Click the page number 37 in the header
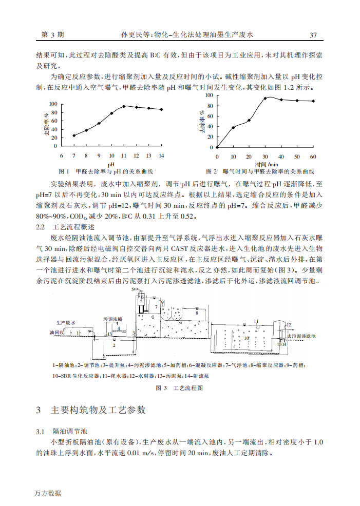point(313,35)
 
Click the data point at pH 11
point(124,106)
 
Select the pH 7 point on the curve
point(74,135)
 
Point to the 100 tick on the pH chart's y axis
point(53,104)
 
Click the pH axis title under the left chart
point(110,163)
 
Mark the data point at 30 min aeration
point(265,98)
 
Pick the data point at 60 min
point(313,101)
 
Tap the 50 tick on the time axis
point(297,156)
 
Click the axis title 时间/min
point(266,163)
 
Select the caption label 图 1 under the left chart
point(65,171)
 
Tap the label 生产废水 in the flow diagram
point(66,323)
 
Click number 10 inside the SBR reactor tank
point(247,339)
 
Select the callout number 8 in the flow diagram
point(196,312)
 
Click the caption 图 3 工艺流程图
point(179,388)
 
